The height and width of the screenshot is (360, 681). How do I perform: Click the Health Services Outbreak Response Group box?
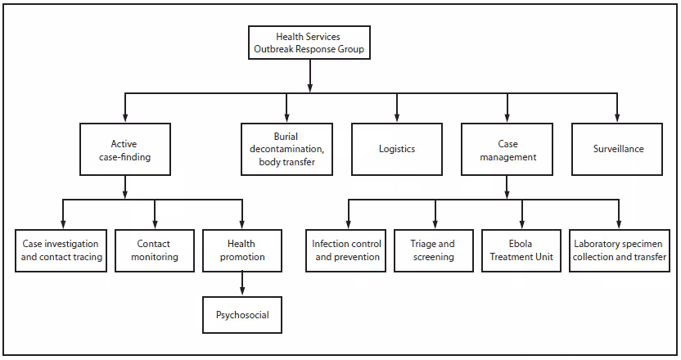point(308,43)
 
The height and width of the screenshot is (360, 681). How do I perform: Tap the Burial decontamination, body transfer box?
point(286,149)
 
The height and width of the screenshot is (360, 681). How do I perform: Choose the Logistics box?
point(397,149)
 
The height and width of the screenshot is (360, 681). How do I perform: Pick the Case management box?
point(507,149)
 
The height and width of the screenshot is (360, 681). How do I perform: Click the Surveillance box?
point(618,149)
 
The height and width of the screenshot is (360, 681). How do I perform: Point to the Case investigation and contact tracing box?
point(60,250)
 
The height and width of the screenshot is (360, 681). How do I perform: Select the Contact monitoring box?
point(154,250)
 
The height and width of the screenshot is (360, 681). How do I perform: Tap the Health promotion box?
point(241,250)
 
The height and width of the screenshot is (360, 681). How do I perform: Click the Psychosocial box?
point(241,314)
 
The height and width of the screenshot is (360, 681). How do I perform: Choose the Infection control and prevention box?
point(347,250)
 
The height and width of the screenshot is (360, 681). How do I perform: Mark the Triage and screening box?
point(435,250)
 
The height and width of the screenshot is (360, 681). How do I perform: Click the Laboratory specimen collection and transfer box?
point(620,250)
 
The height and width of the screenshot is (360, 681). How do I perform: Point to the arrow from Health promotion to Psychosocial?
point(241,283)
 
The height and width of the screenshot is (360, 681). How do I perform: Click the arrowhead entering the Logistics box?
point(397,119)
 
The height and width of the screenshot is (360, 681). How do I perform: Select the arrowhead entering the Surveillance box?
point(618,119)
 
